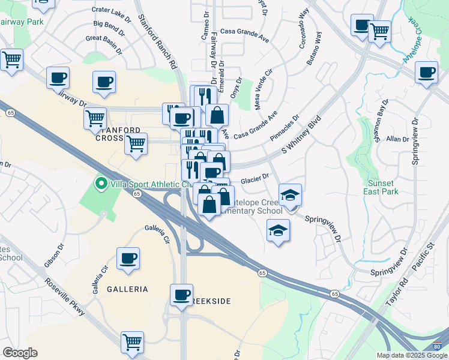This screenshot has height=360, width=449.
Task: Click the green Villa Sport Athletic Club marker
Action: coord(101,184)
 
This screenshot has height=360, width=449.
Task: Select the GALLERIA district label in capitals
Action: coord(127,289)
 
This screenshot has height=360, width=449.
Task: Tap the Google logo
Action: coord(19,352)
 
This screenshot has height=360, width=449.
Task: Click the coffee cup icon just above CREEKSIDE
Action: coord(181,295)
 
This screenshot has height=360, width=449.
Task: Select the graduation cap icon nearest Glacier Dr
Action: coord(290,195)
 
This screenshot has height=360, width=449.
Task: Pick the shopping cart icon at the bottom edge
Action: coord(132,343)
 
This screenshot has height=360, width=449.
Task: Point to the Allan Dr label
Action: coord(397,139)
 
